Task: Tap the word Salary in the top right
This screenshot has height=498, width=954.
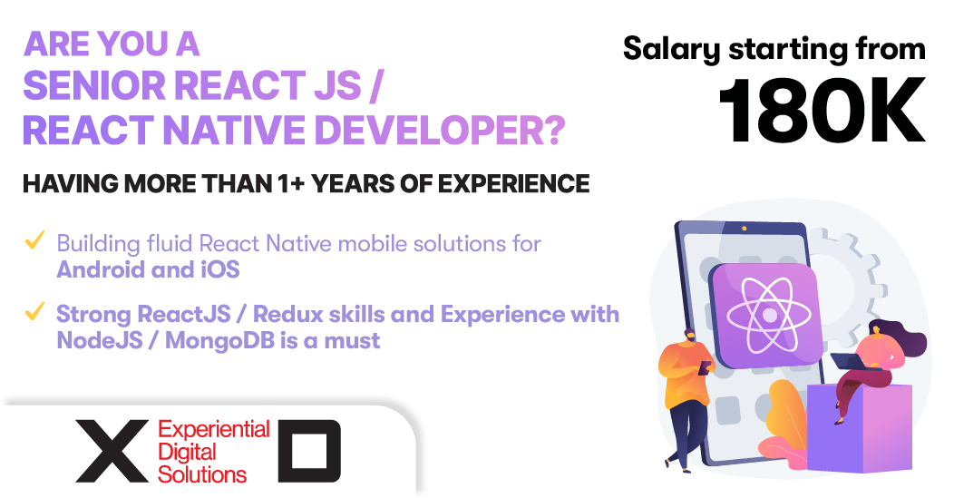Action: click(672, 49)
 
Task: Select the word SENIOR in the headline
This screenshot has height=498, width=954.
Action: click(94, 85)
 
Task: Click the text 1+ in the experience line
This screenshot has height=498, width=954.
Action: click(291, 184)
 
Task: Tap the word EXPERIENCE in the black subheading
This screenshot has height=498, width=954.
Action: click(513, 184)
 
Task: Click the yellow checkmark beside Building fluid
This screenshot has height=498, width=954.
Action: click(34, 239)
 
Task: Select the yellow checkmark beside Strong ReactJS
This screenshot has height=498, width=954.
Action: click(34, 311)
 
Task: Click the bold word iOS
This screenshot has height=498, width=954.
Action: click(220, 269)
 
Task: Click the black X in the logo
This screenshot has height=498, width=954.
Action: click(112, 451)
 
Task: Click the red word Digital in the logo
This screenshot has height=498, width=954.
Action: click(187, 453)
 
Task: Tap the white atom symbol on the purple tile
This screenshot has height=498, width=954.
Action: click(769, 315)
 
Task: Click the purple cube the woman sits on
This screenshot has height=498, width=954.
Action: click(859, 427)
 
